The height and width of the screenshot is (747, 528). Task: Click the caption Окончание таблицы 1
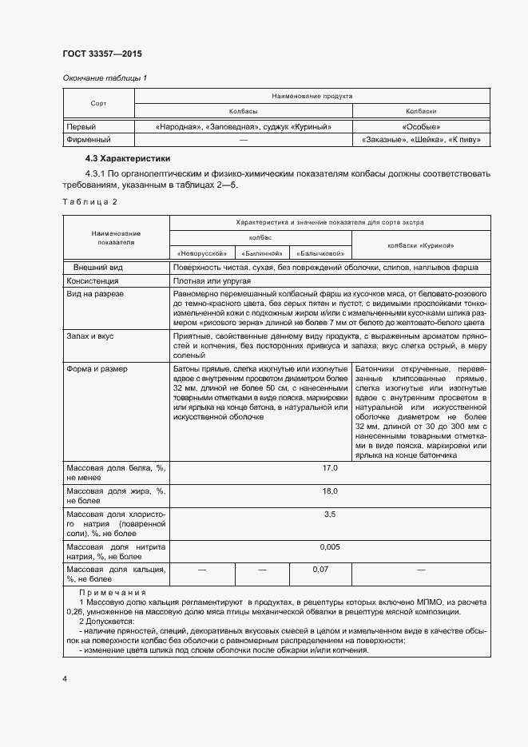(105, 77)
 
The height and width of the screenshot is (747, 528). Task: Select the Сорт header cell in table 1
(98, 104)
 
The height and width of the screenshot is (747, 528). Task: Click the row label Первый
(81, 126)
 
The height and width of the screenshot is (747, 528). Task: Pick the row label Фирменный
(88, 140)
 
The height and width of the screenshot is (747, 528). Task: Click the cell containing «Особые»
(421, 126)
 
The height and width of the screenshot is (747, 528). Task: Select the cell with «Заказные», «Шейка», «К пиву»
(421, 140)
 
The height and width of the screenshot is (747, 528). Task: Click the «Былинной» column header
(261, 253)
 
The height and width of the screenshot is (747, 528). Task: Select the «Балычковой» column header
(320, 253)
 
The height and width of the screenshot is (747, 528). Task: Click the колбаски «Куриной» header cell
(421, 245)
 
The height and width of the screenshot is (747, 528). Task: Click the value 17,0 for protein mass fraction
(330, 467)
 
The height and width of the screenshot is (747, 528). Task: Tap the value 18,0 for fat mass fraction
(330, 491)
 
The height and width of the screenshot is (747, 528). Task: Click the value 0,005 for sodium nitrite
(330, 546)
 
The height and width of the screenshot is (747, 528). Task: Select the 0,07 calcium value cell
(320, 569)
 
